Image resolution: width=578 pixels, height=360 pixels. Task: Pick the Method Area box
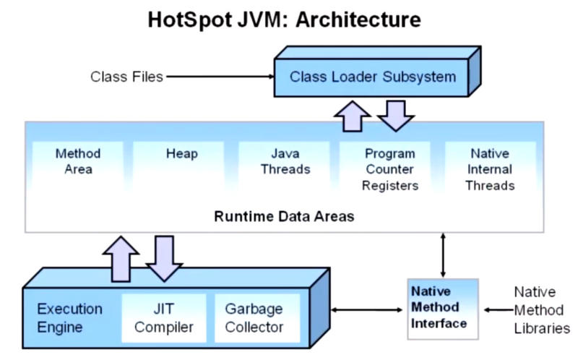78,162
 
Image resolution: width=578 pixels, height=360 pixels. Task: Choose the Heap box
181,155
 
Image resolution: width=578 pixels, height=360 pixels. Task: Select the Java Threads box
285,162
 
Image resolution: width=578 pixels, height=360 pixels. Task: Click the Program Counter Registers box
390,169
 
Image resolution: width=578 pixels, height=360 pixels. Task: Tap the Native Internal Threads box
490,169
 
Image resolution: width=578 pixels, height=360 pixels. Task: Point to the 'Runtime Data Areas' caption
284,216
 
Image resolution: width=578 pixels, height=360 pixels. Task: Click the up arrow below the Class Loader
353,116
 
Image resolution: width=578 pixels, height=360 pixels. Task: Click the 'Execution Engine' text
70,318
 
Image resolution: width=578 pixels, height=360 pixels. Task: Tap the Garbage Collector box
254,318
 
